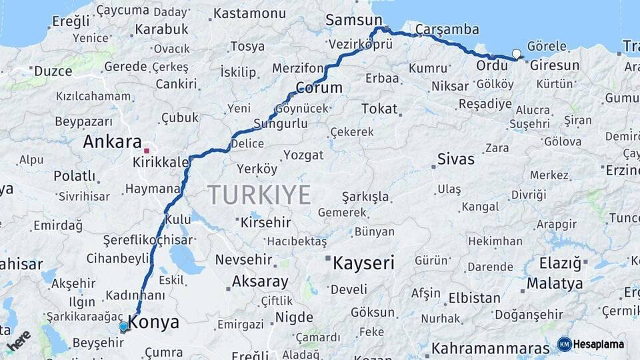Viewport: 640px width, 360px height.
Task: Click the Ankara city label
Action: pos(112,142)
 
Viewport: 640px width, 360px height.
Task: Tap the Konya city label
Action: pos(153,323)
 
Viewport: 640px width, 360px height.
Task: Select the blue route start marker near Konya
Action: pos(123,327)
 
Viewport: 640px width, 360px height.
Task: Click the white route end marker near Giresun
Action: pos(516,54)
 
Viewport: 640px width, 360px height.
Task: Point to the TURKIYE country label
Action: pos(259,195)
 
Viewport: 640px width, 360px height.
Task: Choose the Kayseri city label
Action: pos(363,263)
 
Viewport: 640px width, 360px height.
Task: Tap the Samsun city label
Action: pos(353,21)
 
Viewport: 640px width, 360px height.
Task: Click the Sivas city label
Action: pos(456,159)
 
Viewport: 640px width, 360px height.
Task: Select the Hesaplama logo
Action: pos(591,344)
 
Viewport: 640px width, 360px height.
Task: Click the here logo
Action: pos(19,341)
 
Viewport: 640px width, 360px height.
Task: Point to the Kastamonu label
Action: pos(249,13)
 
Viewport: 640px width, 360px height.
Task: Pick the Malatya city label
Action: pos(555,283)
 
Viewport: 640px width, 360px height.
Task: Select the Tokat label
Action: pos(379,109)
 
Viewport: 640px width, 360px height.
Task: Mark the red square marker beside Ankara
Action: pos(147,151)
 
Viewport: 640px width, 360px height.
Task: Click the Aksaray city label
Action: pos(260,282)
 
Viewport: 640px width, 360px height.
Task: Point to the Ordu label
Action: pos(492,66)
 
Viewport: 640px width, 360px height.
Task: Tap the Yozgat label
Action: pos(303,155)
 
